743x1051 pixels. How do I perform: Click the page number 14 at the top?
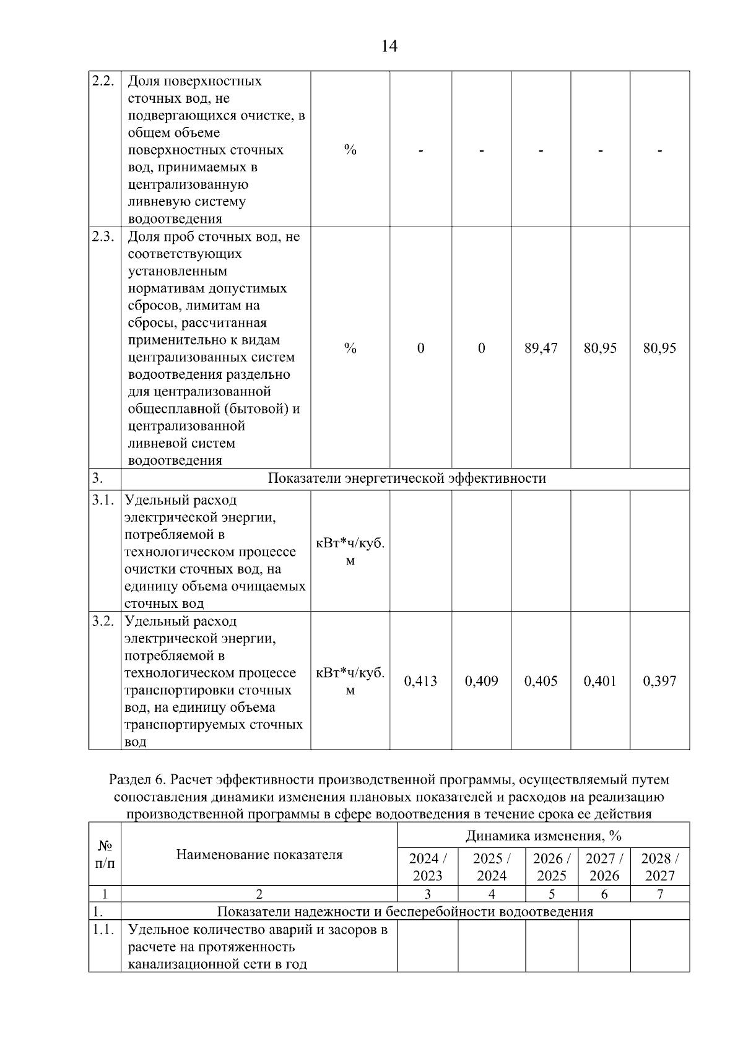click(389, 46)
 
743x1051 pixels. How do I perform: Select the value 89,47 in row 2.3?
click(541, 348)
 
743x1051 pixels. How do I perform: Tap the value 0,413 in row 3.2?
click(420, 681)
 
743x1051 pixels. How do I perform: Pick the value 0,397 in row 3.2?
click(659, 681)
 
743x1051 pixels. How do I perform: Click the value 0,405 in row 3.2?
click(541, 681)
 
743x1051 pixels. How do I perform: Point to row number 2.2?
click(103, 81)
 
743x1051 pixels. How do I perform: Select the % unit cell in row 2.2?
click(350, 150)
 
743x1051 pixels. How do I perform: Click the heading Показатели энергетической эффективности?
click(407, 478)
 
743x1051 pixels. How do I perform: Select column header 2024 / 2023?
click(427, 867)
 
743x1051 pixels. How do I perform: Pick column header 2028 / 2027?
click(659, 867)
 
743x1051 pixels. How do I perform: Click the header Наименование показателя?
click(259, 855)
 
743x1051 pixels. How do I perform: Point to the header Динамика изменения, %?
click(543, 836)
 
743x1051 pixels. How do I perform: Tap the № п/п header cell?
click(105, 854)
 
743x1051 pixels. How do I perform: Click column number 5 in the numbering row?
click(551, 894)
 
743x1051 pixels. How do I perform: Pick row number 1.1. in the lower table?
click(103, 930)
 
